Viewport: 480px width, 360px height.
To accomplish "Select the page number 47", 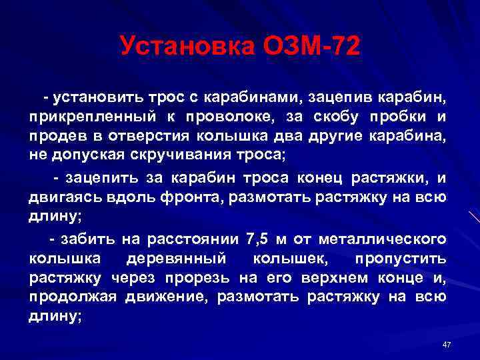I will (447, 344).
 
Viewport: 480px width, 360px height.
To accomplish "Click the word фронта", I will (177, 197).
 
